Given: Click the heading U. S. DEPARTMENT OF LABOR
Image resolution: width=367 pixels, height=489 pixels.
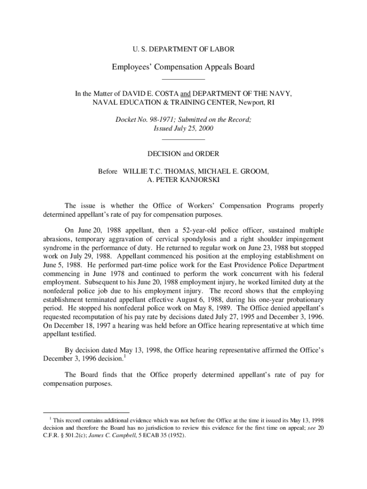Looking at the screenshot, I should coord(183,49).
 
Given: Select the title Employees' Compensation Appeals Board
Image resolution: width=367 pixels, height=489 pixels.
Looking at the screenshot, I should coord(183,67).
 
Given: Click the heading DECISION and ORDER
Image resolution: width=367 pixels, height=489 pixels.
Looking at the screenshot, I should coord(183,154).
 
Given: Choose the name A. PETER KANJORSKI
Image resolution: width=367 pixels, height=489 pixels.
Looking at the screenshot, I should coord(183,180).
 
